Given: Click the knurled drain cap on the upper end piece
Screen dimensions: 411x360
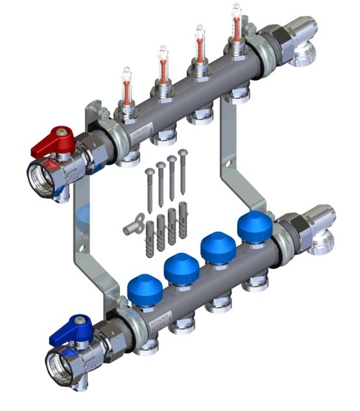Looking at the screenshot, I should click(303, 59).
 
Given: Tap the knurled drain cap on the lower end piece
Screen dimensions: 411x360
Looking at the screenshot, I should click(321, 247).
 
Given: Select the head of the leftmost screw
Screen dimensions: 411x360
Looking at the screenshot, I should click(150, 171).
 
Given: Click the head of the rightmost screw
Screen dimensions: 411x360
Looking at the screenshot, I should click(182, 154).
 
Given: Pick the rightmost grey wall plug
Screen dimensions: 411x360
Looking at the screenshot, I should click(184, 221).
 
